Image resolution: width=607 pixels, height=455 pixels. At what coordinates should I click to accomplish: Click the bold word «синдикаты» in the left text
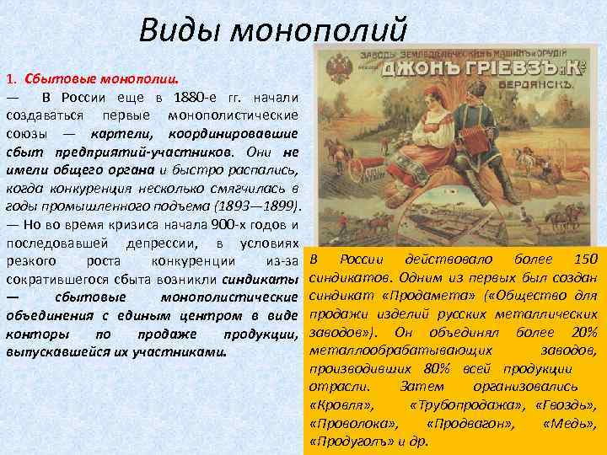pyautogui.click(x=261, y=278)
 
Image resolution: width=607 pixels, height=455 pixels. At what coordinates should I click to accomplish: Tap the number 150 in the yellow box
pyautogui.click(x=583, y=259)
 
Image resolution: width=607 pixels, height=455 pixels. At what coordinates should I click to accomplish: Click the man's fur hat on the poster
pyautogui.click(x=486, y=92)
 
